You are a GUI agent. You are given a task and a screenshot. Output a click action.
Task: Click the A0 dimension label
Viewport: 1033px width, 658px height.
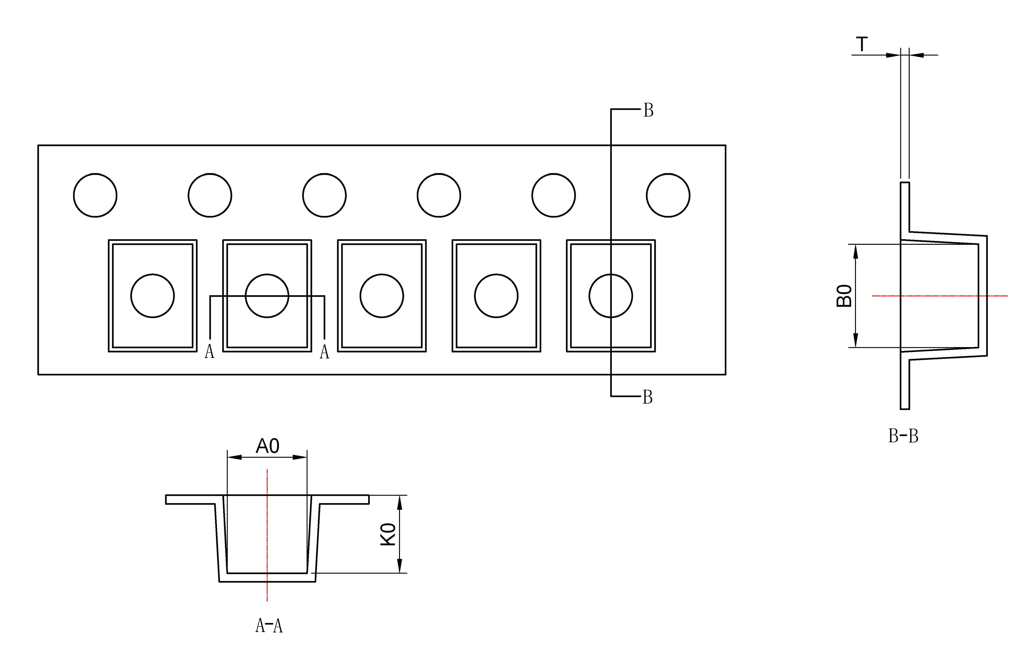(267, 446)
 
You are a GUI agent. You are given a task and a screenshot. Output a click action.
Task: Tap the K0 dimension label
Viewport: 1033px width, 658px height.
(388, 534)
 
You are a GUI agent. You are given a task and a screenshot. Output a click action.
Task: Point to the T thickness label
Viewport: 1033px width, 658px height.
(862, 44)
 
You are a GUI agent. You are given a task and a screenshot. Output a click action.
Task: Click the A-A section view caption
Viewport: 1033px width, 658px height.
(269, 626)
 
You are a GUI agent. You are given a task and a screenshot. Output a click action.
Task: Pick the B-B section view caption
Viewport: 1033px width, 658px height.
(903, 436)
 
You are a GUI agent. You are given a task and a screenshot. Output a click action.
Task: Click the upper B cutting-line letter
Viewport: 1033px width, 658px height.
(648, 111)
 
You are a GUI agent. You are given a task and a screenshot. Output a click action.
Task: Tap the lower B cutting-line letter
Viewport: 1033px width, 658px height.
(647, 397)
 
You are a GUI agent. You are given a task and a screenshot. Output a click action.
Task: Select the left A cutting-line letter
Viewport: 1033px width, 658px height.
(209, 352)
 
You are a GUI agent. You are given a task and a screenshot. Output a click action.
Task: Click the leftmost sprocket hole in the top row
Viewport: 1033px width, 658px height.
(95, 195)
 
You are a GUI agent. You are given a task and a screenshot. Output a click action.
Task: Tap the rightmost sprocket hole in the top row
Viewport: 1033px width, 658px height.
(668, 195)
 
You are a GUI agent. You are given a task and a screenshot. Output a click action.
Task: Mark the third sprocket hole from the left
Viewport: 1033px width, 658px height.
(324, 195)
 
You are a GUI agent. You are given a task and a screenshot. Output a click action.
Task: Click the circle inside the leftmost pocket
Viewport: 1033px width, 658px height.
(152, 295)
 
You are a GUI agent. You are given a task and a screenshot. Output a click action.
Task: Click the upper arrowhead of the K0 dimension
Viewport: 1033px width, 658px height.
(400, 502)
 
